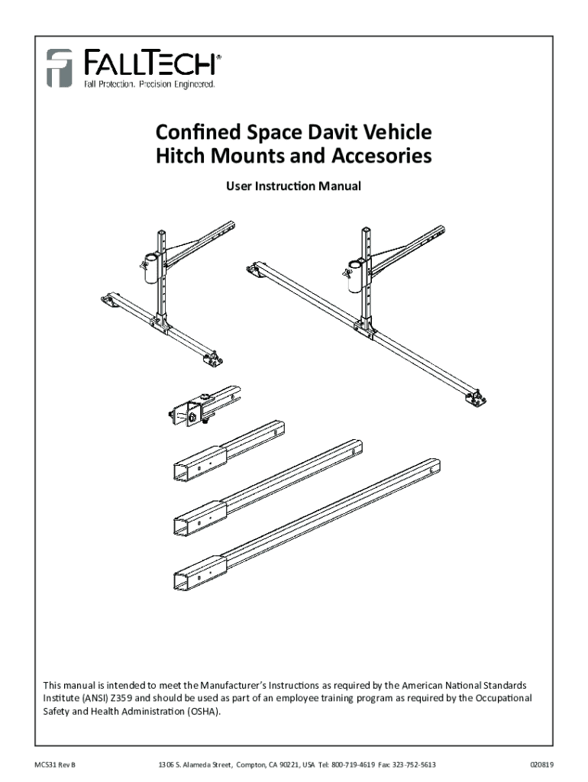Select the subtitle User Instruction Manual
click(x=293, y=186)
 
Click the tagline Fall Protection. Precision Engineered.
click(x=150, y=84)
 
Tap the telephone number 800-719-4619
click(x=351, y=764)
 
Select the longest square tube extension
click(x=305, y=522)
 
